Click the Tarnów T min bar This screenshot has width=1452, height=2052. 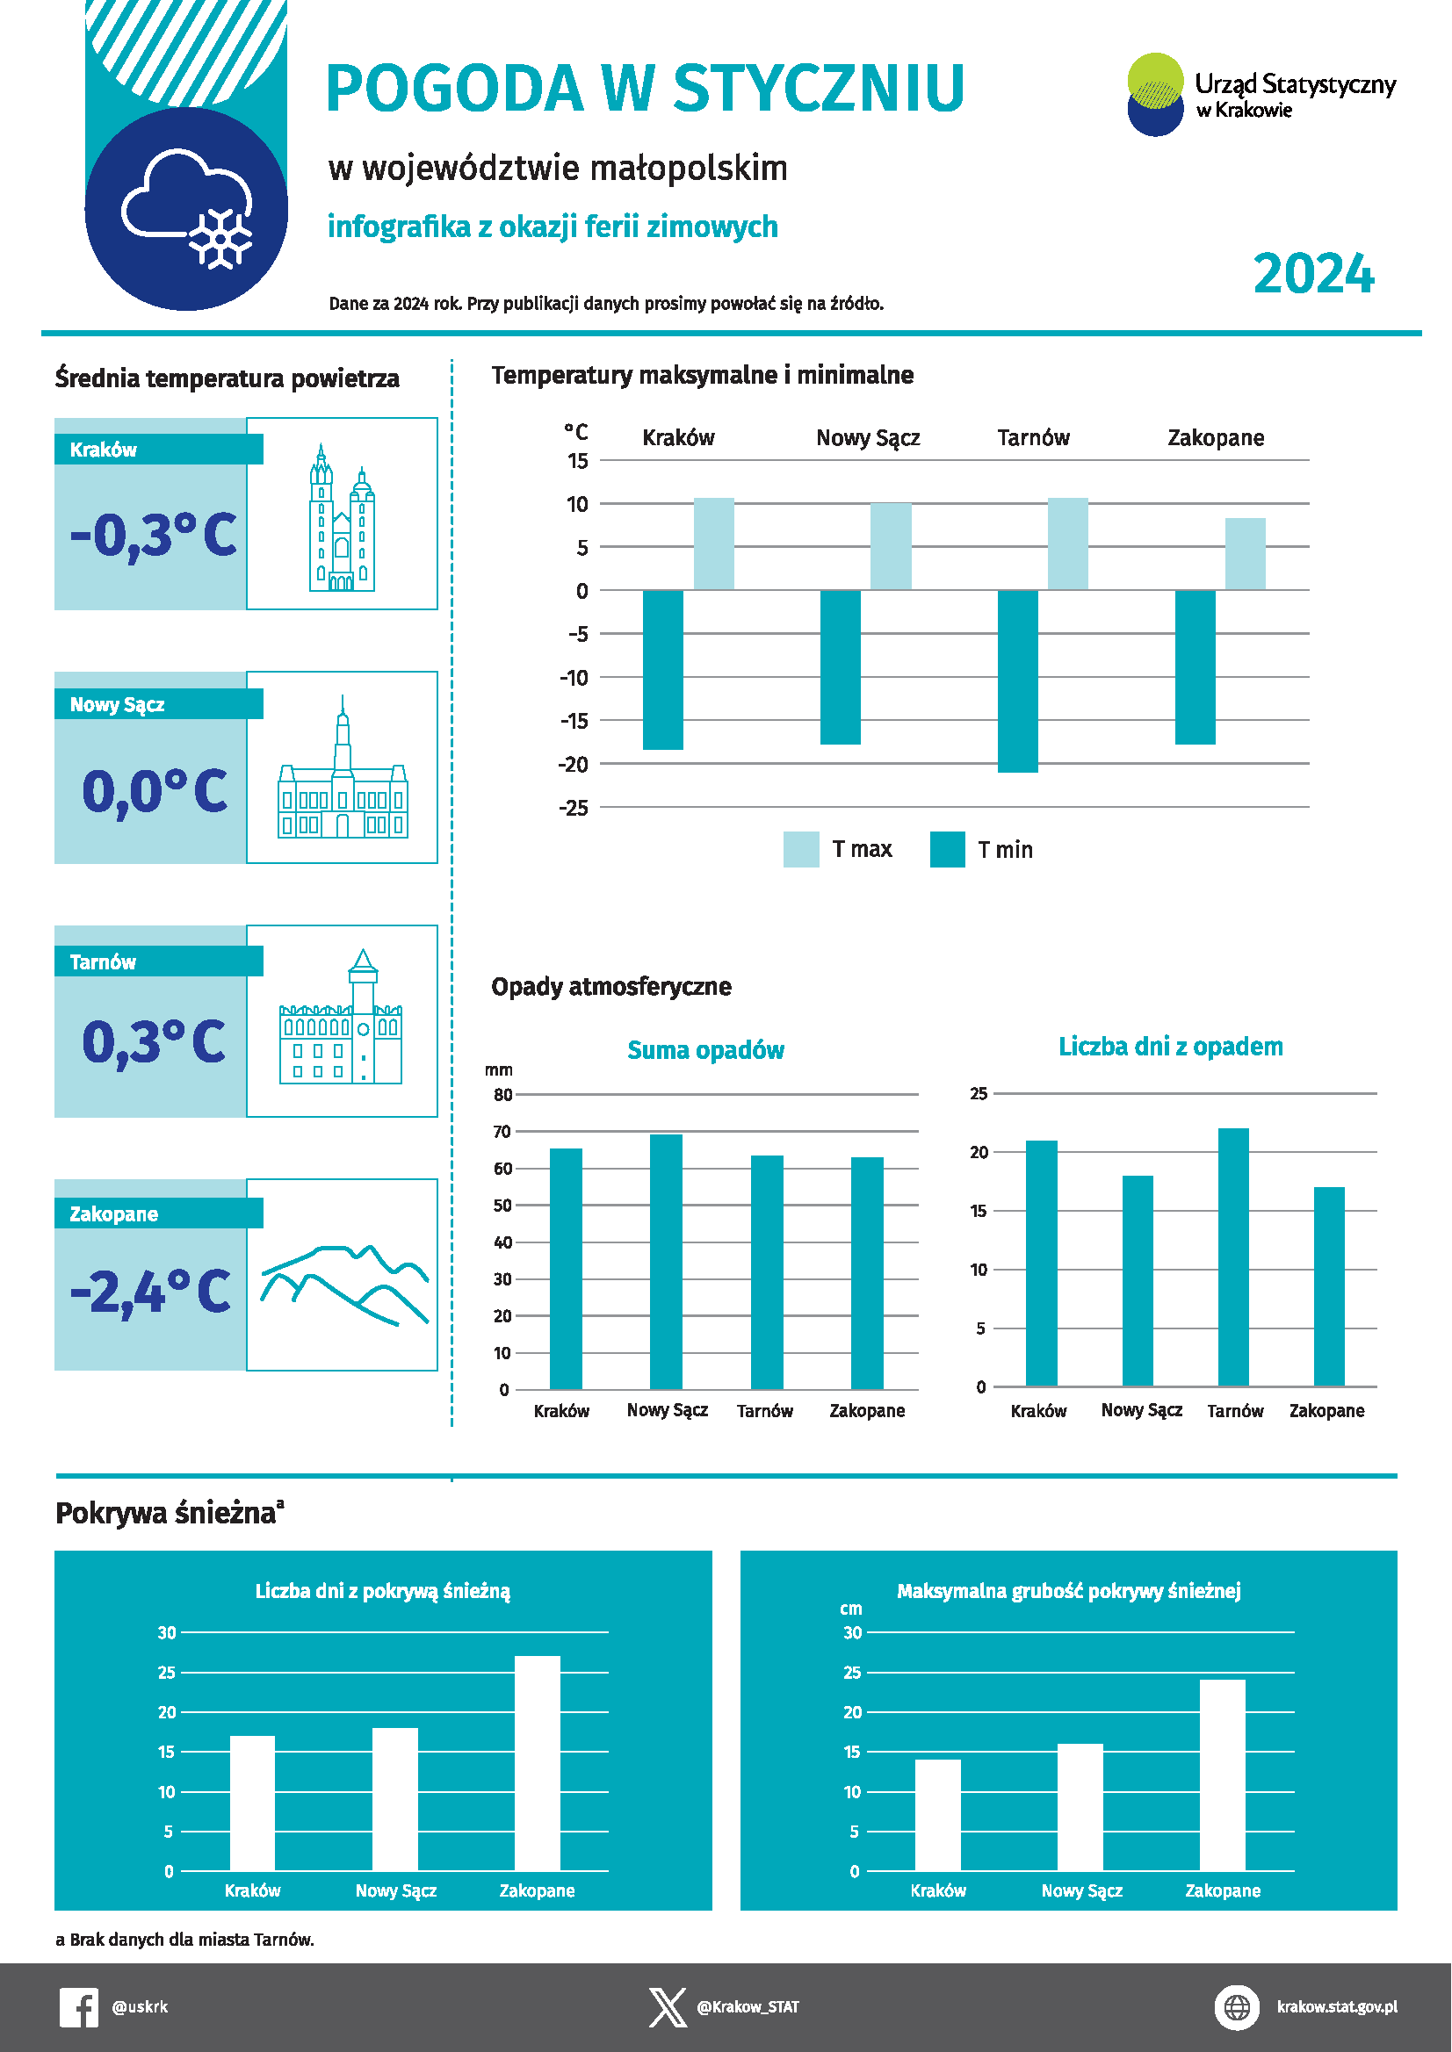coord(1017,681)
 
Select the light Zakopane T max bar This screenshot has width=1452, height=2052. coord(1245,554)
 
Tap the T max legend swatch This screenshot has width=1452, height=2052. coord(801,849)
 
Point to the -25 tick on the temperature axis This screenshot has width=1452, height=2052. coord(573,808)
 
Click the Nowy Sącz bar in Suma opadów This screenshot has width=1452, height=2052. coord(666,1262)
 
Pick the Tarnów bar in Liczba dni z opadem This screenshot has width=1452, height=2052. coord(1233,1257)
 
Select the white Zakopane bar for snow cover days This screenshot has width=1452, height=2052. coord(538,1763)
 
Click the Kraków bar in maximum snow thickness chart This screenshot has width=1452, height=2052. coord(938,1815)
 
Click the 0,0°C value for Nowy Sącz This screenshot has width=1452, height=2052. coord(155,791)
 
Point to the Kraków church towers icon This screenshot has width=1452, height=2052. coord(342,517)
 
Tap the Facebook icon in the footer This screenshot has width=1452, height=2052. coord(79,2007)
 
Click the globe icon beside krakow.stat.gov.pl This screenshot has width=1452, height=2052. coord(1237,2007)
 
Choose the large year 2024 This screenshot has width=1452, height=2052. coord(1313,273)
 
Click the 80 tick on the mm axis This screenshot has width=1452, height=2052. coord(503,1095)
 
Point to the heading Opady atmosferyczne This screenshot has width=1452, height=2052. coord(611,987)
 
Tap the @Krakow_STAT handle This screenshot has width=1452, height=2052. coord(748,2007)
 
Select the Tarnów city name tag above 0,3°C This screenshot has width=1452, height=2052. coord(103,961)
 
